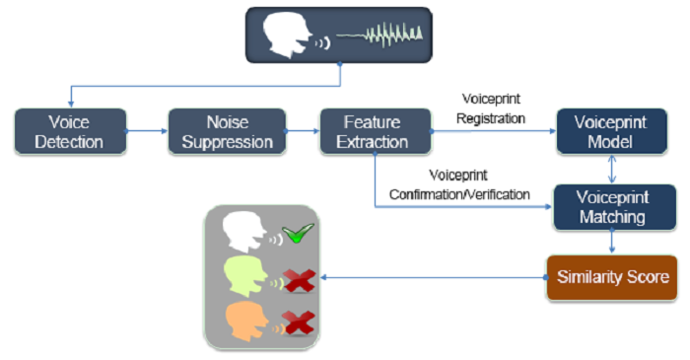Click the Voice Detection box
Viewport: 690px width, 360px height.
click(70, 131)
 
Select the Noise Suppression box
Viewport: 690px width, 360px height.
click(227, 131)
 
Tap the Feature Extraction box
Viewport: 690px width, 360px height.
click(376, 131)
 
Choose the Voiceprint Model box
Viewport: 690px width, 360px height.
click(612, 131)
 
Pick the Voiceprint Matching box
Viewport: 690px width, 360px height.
click(615, 207)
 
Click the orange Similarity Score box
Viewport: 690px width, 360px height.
click(612, 278)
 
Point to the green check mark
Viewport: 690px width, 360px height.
click(298, 233)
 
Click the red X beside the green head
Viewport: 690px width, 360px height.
click(300, 281)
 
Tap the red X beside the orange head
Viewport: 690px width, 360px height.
click(299, 324)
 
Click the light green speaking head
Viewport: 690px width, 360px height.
click(245, 277)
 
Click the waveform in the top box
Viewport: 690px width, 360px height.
click(379, 35)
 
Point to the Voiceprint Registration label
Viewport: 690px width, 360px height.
click(491, 108)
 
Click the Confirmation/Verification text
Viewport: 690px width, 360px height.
click(459, 194)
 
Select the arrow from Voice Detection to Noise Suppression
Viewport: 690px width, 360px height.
click(147, 131)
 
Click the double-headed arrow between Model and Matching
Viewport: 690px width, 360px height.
click(612, 169)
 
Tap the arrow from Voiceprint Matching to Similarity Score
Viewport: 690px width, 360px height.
click(612, 242)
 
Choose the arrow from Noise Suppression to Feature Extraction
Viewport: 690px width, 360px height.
click(303, 131)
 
